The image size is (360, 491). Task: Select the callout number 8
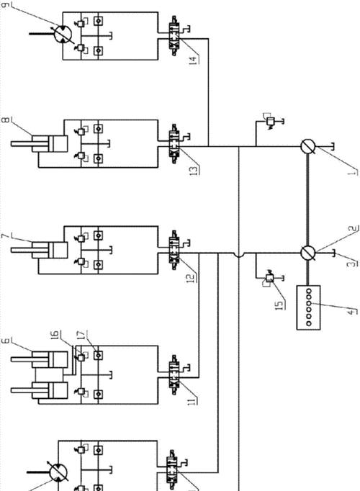tap(6, 120)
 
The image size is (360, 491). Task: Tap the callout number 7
tap(6, 236)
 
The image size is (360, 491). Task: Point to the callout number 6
tap(6, 341)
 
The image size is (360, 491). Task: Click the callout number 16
tap(55, 335)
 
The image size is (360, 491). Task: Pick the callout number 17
tap(81, 335)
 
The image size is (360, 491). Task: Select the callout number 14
tap(194, 60)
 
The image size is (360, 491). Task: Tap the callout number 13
tap(194, 171)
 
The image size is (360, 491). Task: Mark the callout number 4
tap(353, 312)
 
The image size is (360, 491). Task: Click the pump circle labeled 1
tap(308, 147)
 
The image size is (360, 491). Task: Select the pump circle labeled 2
tap(308, 253)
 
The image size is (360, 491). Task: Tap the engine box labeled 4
tap(308, 307)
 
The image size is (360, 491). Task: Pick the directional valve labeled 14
tap(174, 35)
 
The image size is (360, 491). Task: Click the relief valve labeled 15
tap(269, 277)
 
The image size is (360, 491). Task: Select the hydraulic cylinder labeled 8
tap(40, 144)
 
